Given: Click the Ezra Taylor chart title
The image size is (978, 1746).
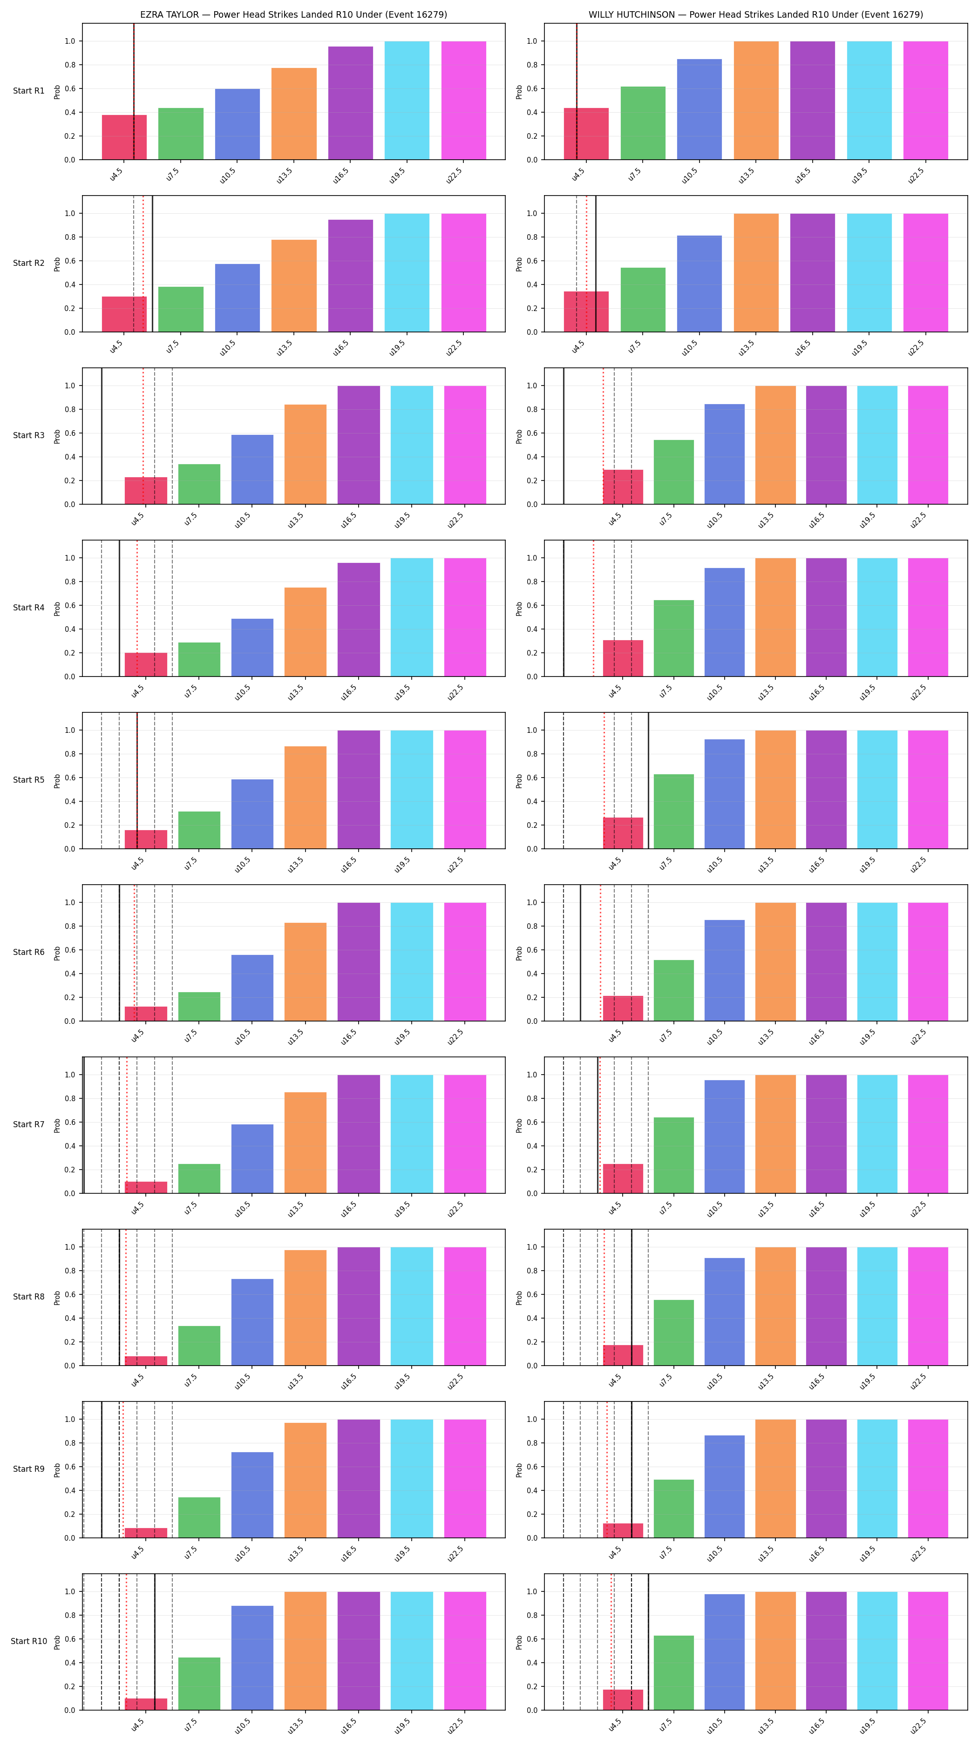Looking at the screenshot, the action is pos(293,14).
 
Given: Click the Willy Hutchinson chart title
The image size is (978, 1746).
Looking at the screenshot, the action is pos(756,14).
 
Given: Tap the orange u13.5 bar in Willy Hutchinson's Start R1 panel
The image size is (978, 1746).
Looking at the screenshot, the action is pos(756,100).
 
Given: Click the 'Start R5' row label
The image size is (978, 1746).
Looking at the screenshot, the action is pos(28,780).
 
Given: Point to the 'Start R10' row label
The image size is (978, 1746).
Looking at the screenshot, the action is pos(28,1641).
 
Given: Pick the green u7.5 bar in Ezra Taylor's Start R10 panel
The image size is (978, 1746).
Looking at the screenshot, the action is pos(199,1684).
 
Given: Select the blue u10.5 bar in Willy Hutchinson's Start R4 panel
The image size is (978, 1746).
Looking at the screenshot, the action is pos(725,622).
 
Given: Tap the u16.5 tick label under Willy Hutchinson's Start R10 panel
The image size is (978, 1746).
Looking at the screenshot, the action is pos(817,1725).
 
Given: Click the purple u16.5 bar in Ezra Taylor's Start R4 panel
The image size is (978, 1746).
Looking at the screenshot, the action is pos(359,620).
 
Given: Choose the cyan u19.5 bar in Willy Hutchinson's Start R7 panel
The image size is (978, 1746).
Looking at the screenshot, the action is pos(877,1134).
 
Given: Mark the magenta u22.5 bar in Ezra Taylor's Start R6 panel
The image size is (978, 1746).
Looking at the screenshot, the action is pos(465,962).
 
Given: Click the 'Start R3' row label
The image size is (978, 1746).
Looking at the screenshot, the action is pos(28,436).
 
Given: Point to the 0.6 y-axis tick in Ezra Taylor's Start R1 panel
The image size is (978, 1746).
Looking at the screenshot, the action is pos(70,89).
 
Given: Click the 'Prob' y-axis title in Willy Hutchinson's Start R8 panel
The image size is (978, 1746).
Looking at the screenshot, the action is pos(519,1297).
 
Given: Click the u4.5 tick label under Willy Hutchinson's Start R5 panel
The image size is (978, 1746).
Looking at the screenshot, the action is pos(614,864).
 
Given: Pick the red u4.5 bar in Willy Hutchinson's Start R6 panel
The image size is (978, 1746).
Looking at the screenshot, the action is pos(623,1008).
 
